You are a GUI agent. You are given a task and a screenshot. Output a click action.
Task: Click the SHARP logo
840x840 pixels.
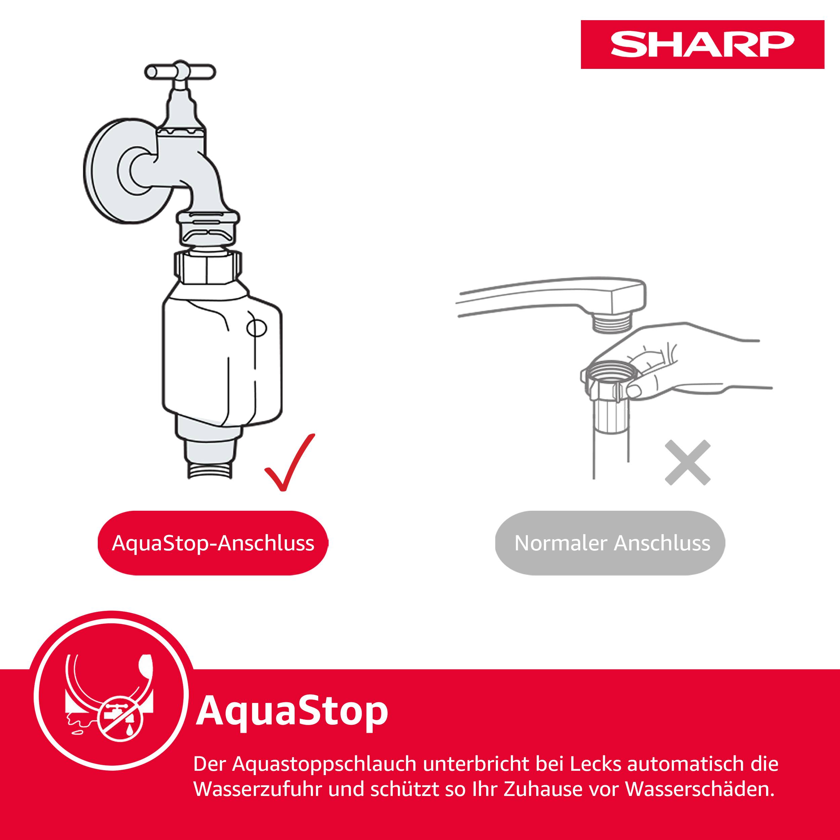click(x=702, y=44)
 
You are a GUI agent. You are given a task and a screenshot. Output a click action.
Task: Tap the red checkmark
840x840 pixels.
click(x=288, y=463)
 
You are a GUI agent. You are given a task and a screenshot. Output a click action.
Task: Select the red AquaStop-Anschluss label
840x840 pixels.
click(x=213, y=543)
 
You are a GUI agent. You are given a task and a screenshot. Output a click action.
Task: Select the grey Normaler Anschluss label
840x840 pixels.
click(x=612, y=543)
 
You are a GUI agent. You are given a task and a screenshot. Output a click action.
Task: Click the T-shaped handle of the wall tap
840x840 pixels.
click(x=180, y=72)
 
